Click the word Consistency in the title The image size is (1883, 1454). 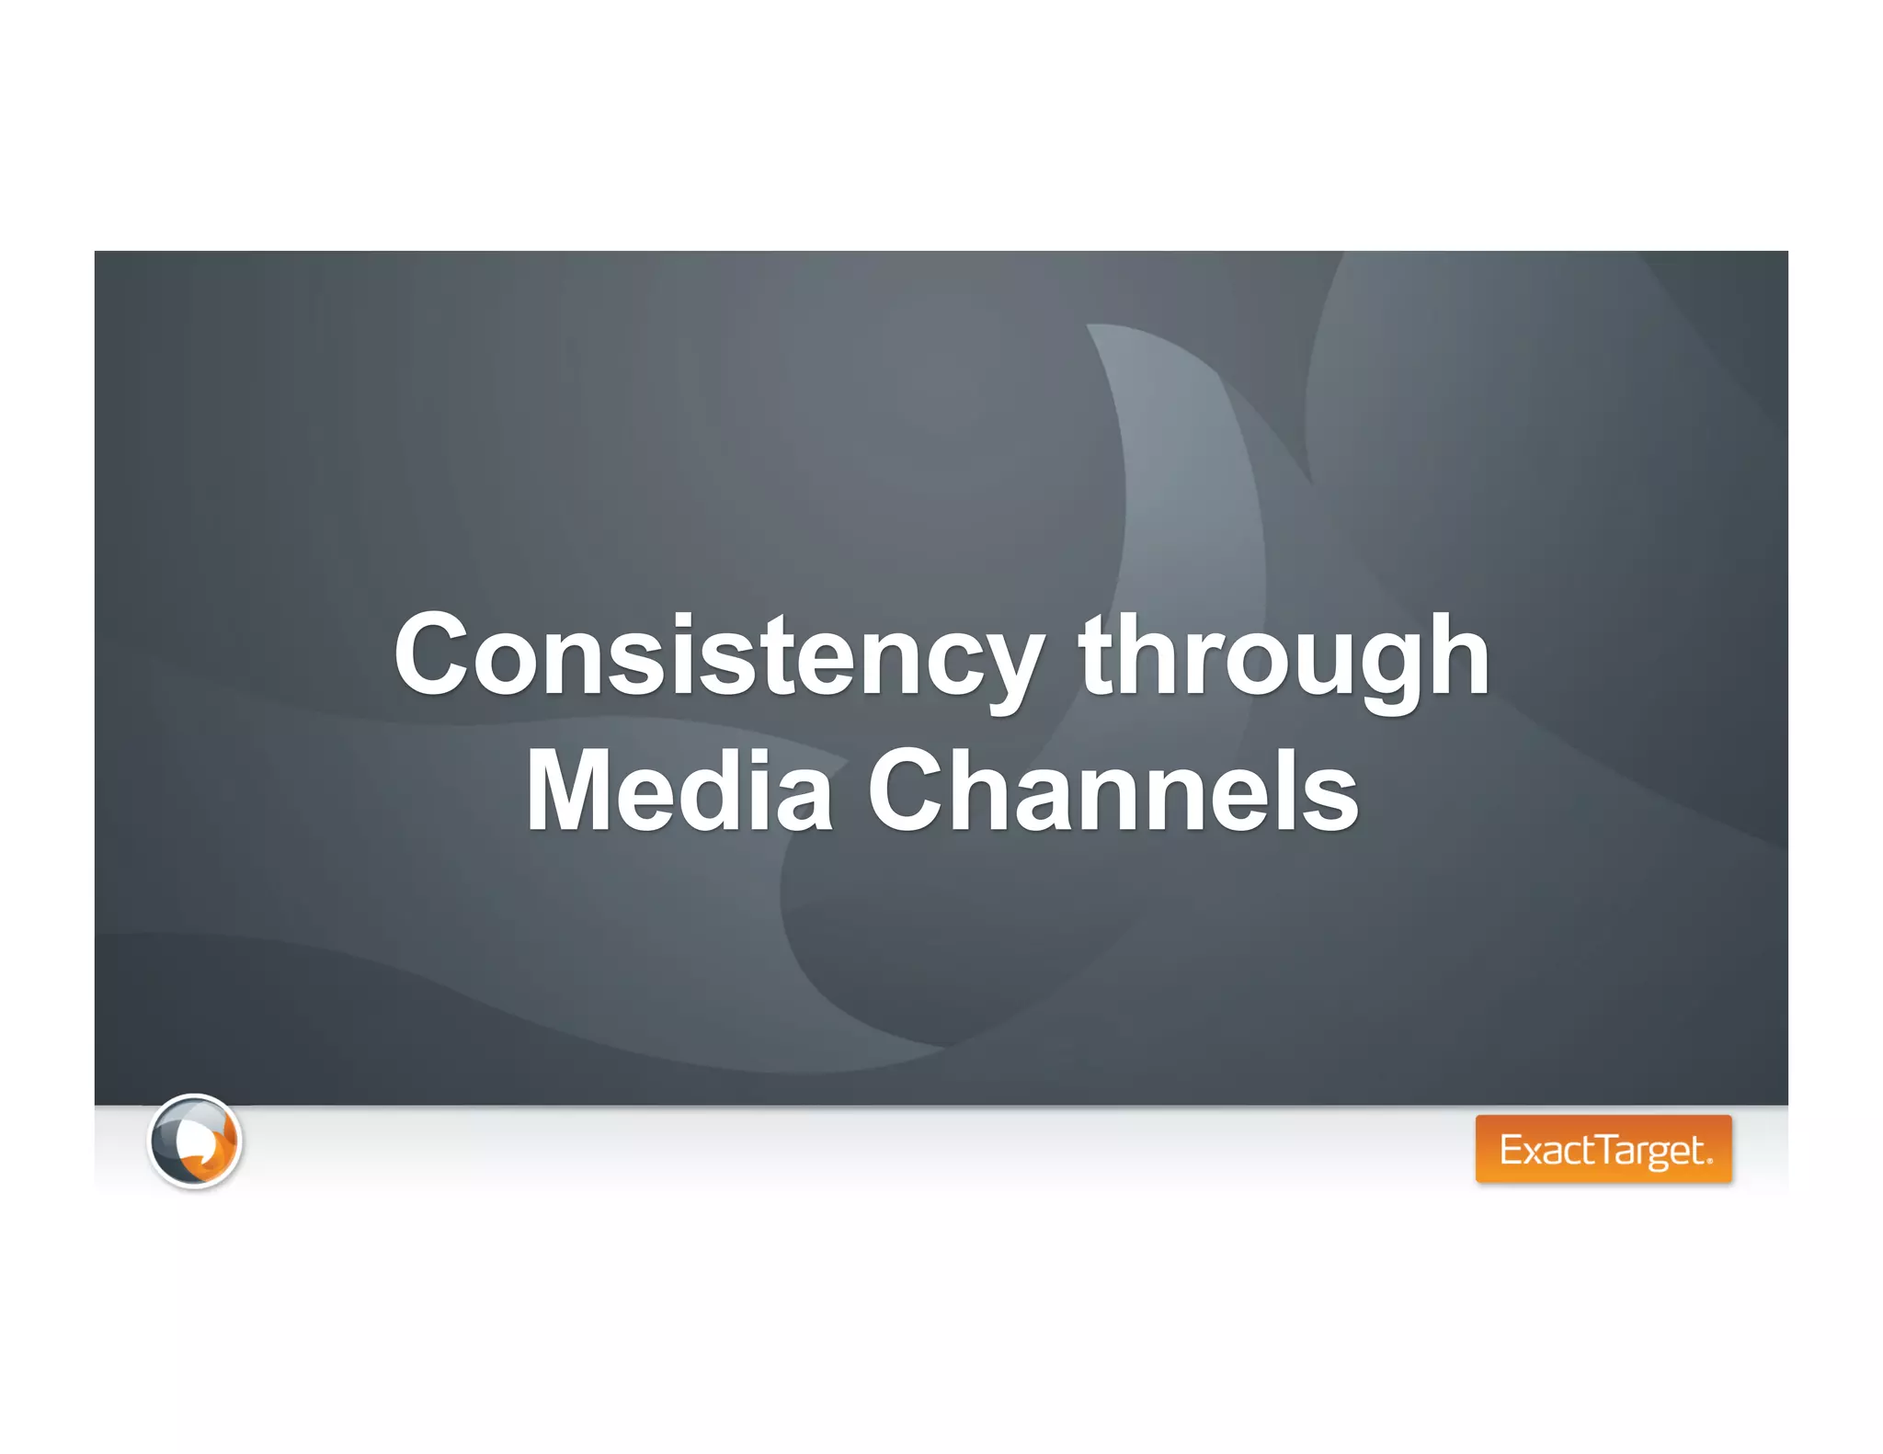click(x=718, y=654)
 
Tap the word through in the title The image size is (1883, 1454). click(x=1284, y=654)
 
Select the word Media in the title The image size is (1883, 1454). click(x=679, y=790)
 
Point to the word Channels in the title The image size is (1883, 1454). click(x=1113, y=790)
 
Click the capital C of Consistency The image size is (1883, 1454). click(x=431, y=654)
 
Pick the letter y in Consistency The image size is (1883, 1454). click(x=1010, y=666)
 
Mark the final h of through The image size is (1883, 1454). click(x=1457, y=654)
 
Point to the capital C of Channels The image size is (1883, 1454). click(x=905, y=790)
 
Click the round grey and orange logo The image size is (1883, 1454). click(x=195, y=1141)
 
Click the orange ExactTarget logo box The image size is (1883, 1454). click(x=1603, y=1149)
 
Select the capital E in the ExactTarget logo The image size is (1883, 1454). click(x=1511, y=1150)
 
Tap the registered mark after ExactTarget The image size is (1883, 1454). click(x=1709, y=1161)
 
